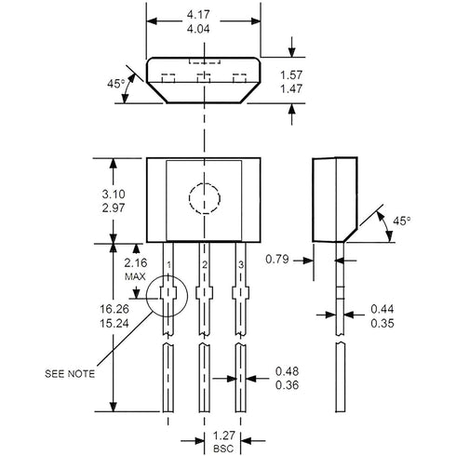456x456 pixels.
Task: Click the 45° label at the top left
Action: tap(116, 83)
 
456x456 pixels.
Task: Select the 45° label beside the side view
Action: tap(401, 221)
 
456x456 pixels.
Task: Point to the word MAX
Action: tap(135, 278)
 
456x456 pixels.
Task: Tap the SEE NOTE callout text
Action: tap(69, 374)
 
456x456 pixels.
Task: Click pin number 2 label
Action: tap(204, 266)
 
